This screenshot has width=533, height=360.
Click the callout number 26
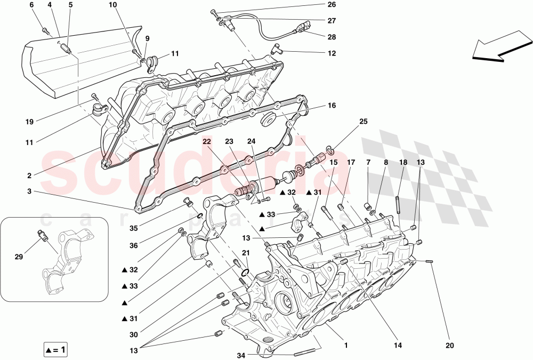tap(332, 5)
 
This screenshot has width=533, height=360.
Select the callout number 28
tap(332, 37)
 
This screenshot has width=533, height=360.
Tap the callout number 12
tap(332, 53)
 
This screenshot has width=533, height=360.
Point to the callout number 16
tap(332, 106)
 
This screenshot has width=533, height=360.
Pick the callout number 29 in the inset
tap(19, 257)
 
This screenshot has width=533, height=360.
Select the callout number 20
tap(450, 345)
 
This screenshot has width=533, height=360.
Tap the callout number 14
tap(397, 345)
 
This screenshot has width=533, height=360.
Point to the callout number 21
tap(246, 253)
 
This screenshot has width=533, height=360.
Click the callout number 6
tap(31, 5)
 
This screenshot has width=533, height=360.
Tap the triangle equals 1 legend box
tap(55, 350)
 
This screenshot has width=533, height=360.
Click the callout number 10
tap(112, 5)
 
